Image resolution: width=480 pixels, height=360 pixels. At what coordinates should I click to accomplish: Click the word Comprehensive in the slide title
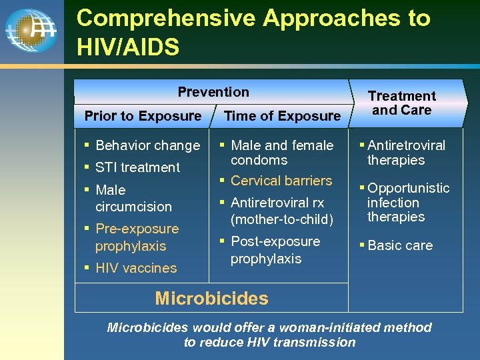click(x=166, y=18)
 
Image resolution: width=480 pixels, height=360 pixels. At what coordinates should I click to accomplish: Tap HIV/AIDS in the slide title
click(x=128, y=47)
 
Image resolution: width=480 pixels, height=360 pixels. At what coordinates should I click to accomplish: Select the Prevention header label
click(x=213, y=92)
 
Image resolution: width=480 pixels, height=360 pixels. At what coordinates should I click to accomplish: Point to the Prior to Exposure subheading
click(x=143, y=116)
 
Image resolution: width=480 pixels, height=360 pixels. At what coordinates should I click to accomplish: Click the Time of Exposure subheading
click(x=282, y=116)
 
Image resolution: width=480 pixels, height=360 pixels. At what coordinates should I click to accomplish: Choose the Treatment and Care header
click(x=401, y=103)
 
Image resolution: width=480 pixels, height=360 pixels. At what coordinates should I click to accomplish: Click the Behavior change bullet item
click(x=147, y=145)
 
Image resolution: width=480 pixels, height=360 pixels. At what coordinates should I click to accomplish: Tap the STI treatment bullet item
click(x=137, y=167)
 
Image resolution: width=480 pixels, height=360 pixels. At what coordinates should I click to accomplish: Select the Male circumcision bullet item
click(x=133, y=198)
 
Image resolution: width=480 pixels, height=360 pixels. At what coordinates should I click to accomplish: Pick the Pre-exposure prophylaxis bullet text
click(x=136, y=237)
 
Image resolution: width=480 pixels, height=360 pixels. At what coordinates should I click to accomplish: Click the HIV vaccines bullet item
click(x=136, y=268)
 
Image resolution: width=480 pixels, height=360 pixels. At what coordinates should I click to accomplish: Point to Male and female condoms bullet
click(x=281, y=153)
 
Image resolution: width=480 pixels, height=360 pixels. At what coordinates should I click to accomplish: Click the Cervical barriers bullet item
click(x=281, y=181)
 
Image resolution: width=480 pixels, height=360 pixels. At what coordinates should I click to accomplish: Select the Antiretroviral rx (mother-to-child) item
click(x=281, y=211)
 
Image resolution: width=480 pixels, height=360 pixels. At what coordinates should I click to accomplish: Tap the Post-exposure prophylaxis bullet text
click(x=275, y=250)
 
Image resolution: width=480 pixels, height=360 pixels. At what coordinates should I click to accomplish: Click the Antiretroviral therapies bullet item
click(x=405, y=153)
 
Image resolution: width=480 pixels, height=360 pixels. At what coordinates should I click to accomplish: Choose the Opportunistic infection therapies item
click(x=407, y=203)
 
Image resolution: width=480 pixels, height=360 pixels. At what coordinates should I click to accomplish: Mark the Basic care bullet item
click(x=399, y=245)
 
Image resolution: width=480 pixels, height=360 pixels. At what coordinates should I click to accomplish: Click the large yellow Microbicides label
click(x=211, y=298)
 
